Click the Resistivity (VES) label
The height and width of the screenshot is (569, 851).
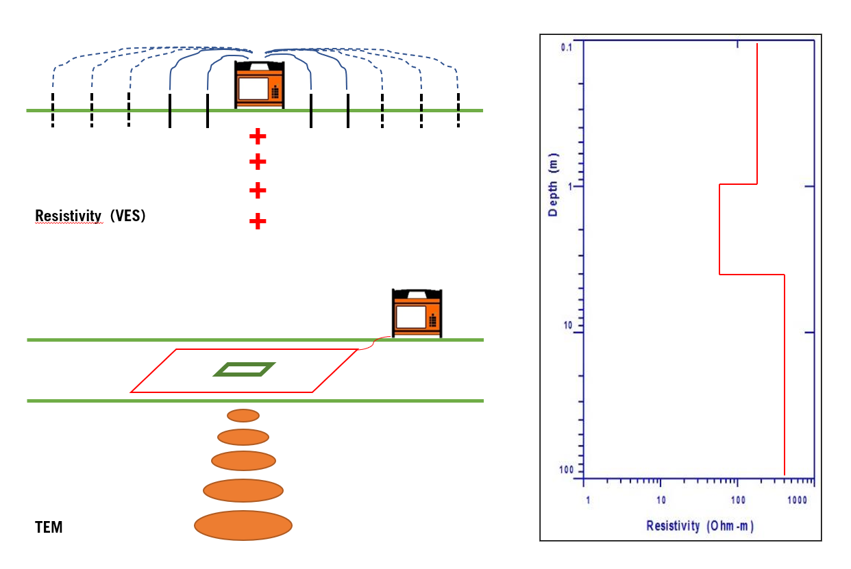pyautogui.click(x=90, y=216)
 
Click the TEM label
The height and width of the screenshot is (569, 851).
pyautogui.click(x=49, y=528)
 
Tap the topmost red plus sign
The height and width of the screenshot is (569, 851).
pyautogui.click(x=258, y=136)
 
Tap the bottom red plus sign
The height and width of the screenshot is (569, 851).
pyautogui.click(x=258, y=221)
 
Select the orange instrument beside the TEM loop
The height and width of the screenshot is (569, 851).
pyautogui.click(x=417, y=314)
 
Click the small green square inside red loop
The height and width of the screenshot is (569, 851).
pyautogui.click(x=245, y=370)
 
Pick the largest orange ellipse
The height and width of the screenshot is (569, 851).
pyautogui.click(x=243, y=525)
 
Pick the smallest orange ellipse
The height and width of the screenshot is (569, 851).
pyautogui.click(x=243, y=415)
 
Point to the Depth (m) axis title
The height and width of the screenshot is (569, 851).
pyautogui.click(x=554, y=185)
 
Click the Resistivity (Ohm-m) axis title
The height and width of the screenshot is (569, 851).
pyautogui.click(x=700, y=526)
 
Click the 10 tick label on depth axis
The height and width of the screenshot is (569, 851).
pyautogui.click(x=569, y=326)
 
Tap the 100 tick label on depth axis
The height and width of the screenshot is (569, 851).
pyautogui.click(x=567, y=470)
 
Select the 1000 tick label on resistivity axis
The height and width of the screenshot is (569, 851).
pyautogui.click(x=795, y=501)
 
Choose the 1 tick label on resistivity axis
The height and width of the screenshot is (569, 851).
pyautogui.click(x=587, y=501)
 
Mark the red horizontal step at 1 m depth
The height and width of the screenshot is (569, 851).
pyautogui.click(x=738, y=184)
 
